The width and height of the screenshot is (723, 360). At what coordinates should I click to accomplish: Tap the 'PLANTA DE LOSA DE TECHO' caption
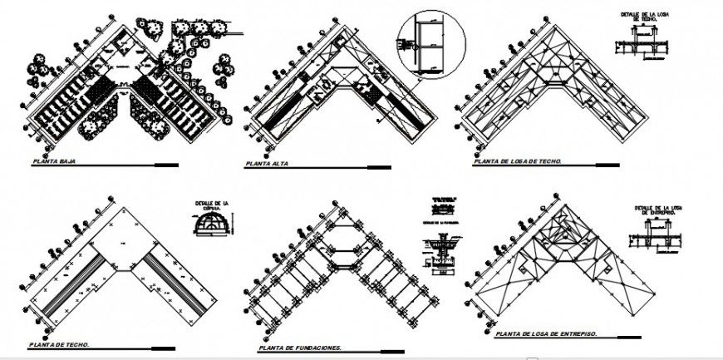tap(517, 162)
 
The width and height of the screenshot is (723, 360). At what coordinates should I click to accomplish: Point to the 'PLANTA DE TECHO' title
tap(59, 344)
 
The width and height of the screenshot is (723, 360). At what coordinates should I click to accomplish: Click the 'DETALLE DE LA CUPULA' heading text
tap(211, 207)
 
